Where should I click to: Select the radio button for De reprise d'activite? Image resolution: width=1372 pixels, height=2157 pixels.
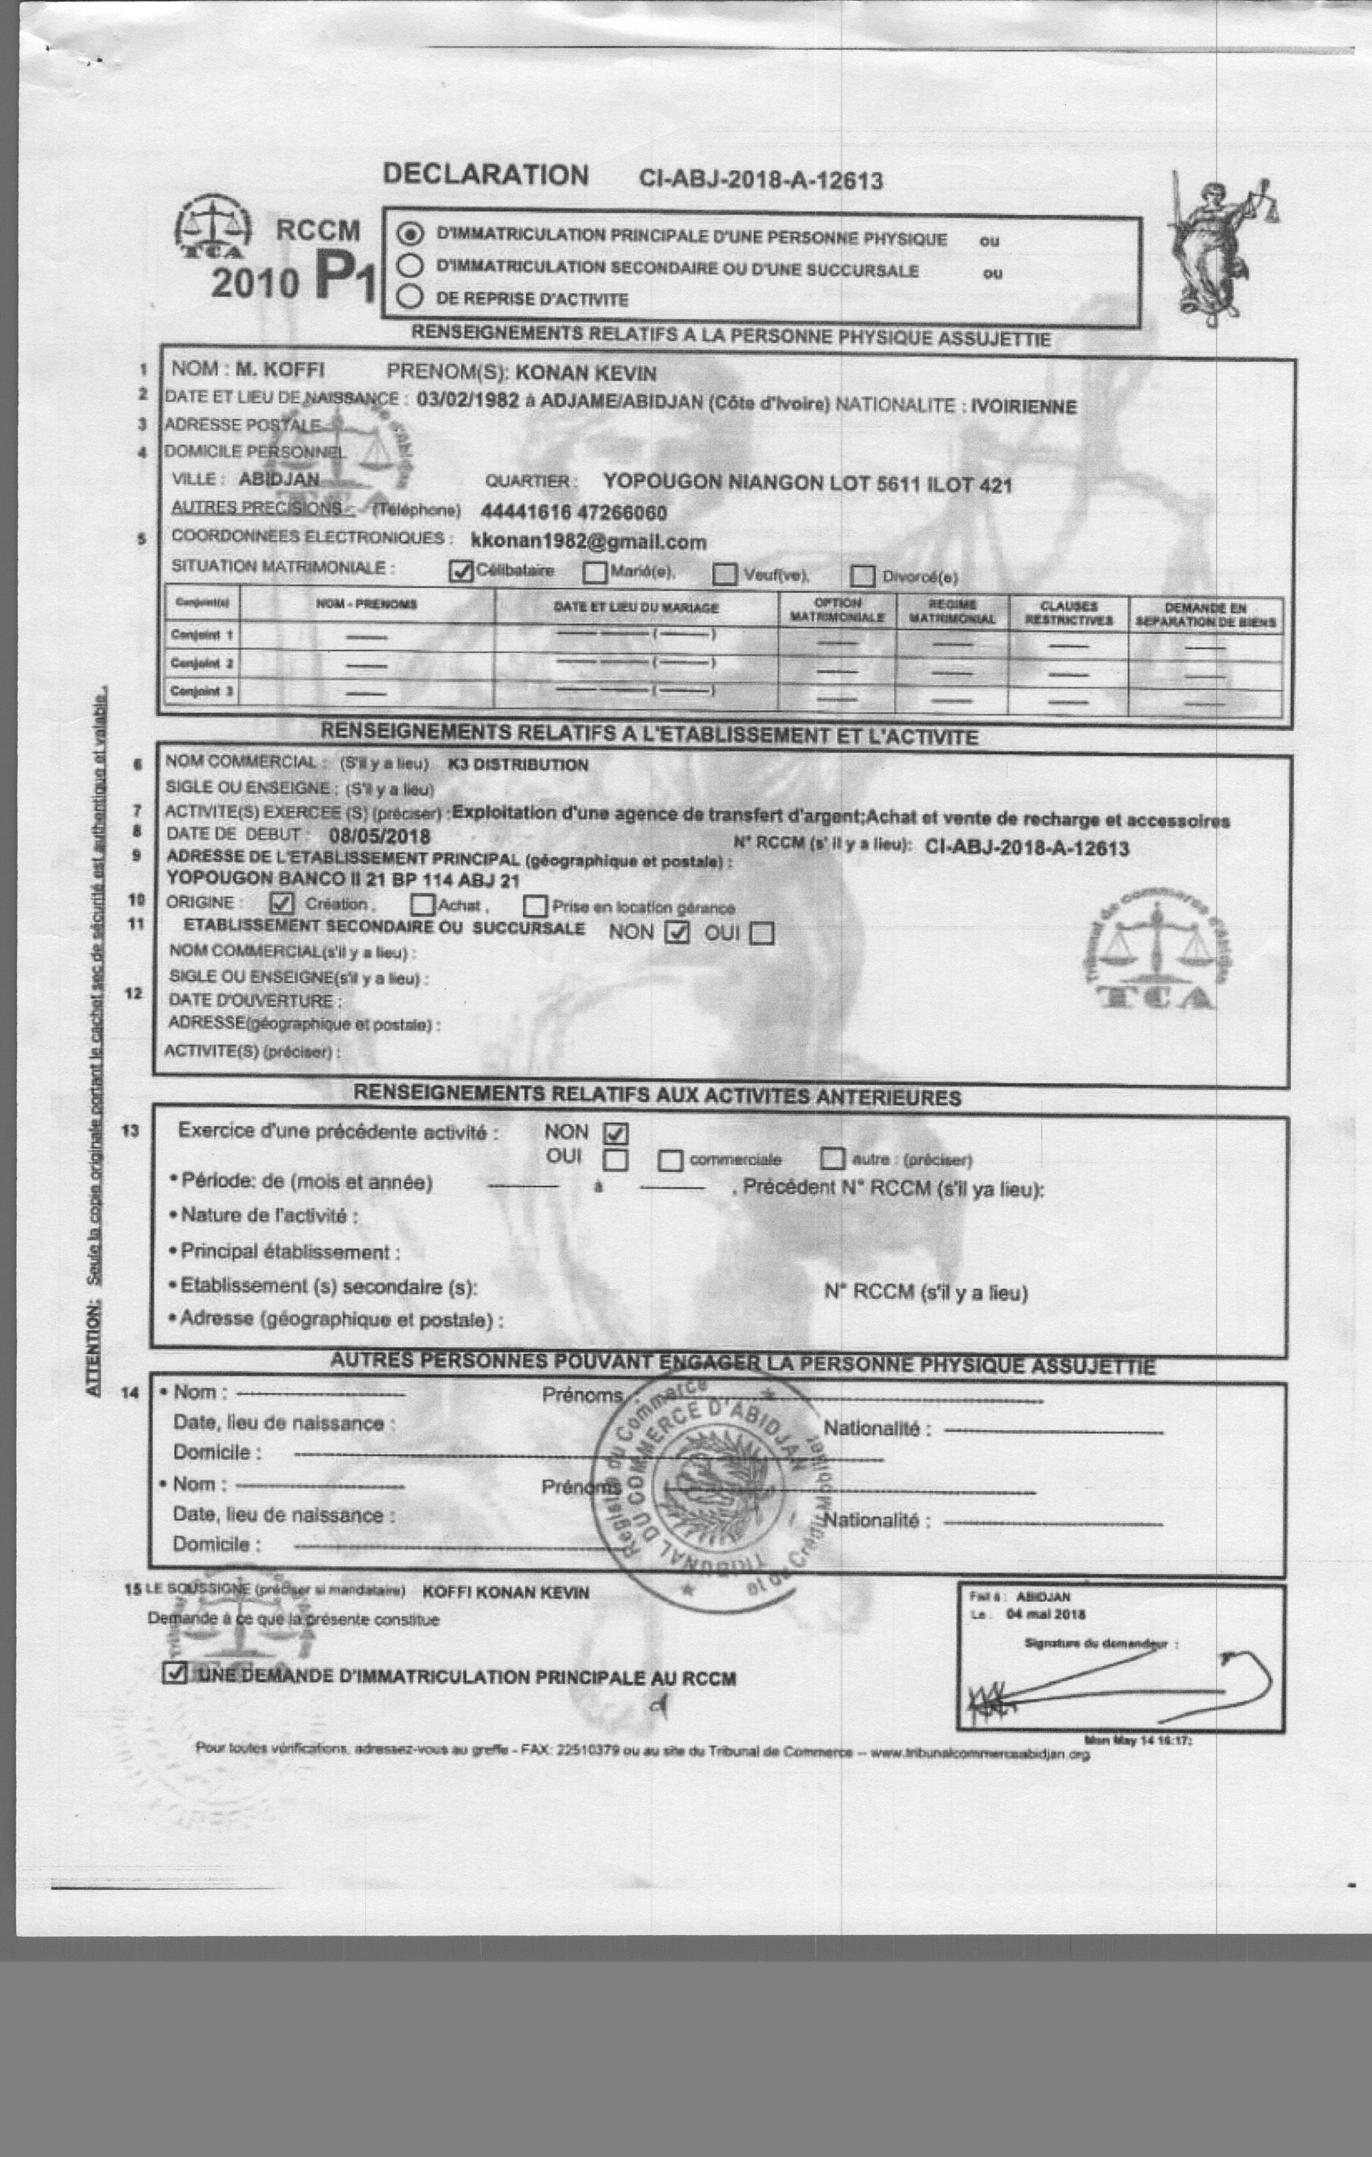point(409,297)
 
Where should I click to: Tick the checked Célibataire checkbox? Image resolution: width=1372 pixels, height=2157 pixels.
point(460,572)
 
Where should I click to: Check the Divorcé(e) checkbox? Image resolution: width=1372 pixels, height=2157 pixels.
point(862,575)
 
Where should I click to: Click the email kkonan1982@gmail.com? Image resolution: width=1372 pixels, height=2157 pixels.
point(589,542)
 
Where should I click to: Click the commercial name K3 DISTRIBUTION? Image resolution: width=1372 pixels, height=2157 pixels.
point(518,765)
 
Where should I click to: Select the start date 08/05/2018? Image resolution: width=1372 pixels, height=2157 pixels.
point(380,837)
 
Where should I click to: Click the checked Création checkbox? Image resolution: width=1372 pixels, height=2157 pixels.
point(281,903)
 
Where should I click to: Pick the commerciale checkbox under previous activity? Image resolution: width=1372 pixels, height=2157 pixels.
point(670,1161)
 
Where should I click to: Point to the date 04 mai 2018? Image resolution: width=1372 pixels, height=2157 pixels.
point(1045,1614)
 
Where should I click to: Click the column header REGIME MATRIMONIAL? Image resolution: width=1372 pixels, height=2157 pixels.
point(951,612)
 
